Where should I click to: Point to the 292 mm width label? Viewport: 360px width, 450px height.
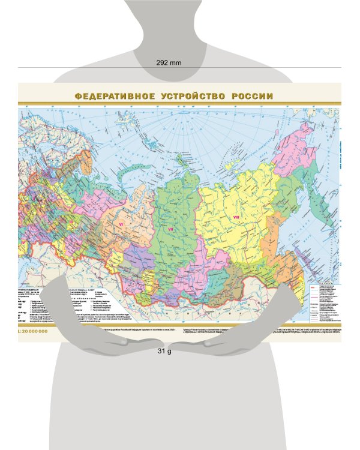coord(169,62)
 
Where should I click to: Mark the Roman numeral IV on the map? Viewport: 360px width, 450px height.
coord(25,242)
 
